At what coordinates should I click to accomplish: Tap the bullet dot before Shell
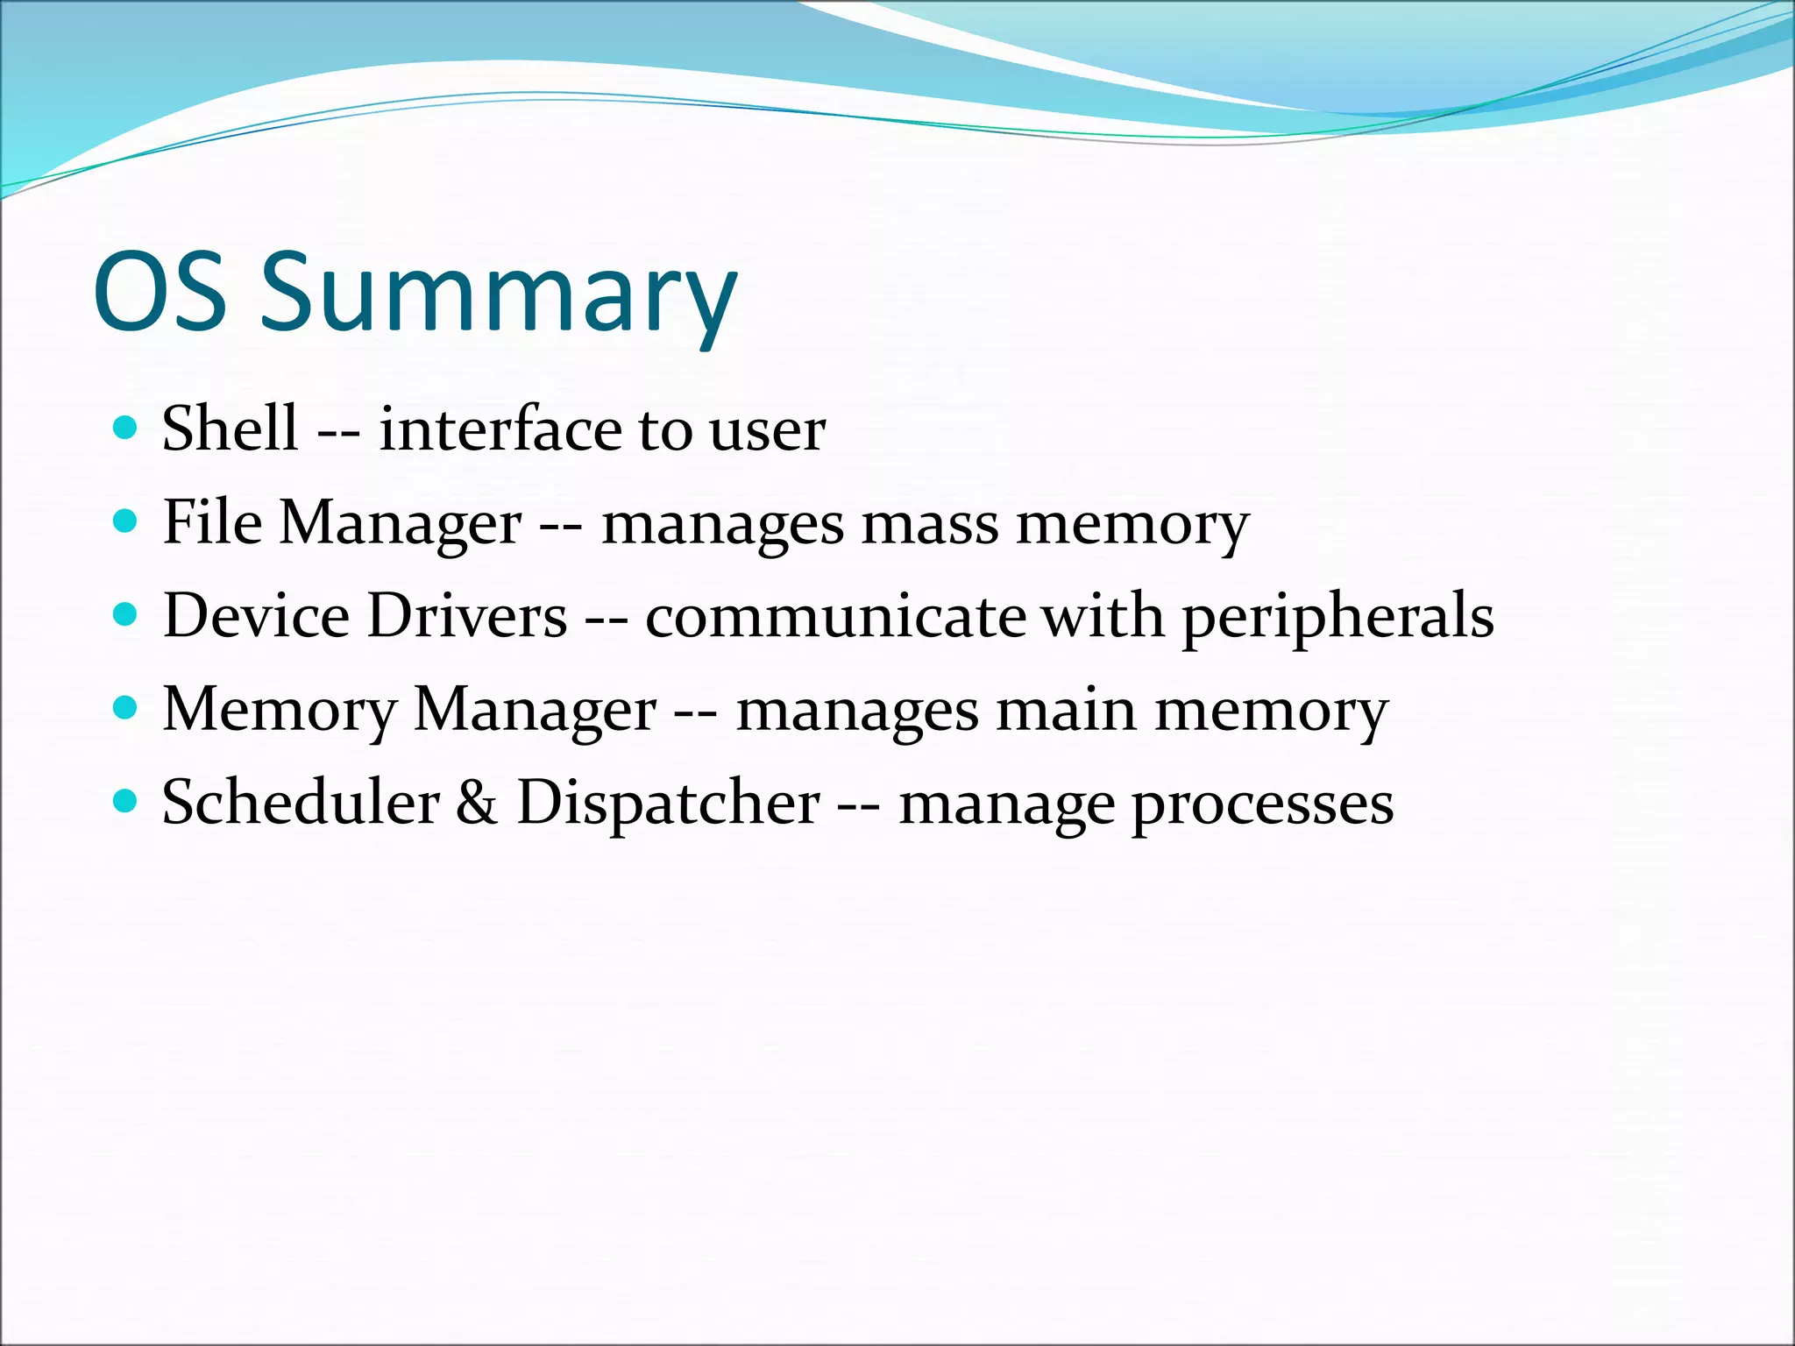(126, 429)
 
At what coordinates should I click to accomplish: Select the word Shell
(230, 429)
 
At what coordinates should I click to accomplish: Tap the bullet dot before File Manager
(126, 522)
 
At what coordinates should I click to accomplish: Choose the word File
(212, 522)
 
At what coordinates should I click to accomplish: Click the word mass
(929, 526)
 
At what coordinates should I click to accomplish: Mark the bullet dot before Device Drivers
(126, 615)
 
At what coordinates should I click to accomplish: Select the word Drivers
(467, 615)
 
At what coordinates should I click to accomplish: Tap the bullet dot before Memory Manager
(126, 708)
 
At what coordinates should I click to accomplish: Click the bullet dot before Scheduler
(126, 801)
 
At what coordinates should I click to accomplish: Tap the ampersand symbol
(477, 803)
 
